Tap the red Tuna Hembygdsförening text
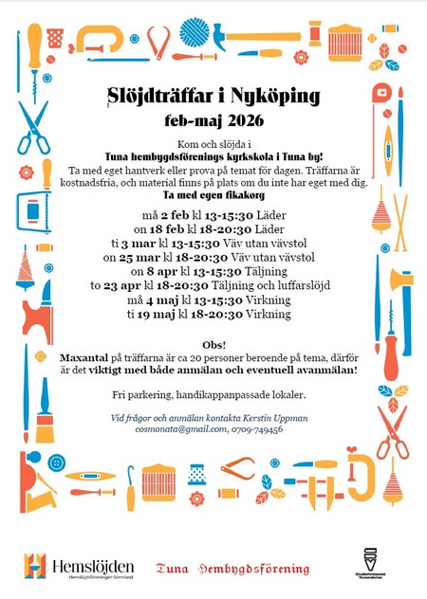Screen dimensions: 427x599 pyautogui.click(x=233, y=568)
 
